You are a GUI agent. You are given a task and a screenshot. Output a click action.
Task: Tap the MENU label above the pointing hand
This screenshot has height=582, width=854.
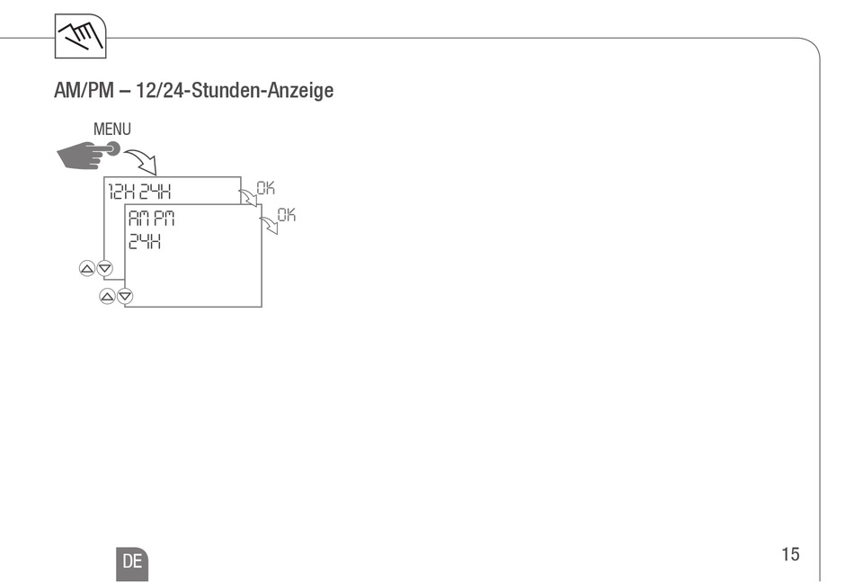coord(111,130)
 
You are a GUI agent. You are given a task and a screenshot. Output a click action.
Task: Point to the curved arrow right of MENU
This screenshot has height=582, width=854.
coord(141,162)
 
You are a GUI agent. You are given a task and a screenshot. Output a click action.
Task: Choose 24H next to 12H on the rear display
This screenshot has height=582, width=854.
coord(154,191)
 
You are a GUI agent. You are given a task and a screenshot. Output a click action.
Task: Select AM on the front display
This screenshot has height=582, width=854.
coord(139,219)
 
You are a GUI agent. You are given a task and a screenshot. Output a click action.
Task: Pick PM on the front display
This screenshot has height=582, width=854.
coord(163,219)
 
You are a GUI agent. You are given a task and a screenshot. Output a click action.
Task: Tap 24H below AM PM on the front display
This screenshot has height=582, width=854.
coord(144,241)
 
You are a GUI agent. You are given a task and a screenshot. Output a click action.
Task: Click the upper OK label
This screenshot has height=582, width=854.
coord(265,188)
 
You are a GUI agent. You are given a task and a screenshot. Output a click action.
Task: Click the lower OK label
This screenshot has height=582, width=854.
coord(286,215)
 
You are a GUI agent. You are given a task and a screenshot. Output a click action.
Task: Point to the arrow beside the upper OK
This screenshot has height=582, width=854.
coord(247,196)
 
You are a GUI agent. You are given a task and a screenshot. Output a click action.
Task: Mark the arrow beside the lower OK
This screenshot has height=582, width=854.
coord(269,223)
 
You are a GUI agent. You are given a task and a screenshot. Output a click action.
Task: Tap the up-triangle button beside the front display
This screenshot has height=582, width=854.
coord(107,296)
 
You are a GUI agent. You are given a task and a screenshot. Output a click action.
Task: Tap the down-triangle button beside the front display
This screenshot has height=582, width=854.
coord(125,296)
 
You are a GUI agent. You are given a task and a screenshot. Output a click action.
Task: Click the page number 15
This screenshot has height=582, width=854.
coord(790,554)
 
